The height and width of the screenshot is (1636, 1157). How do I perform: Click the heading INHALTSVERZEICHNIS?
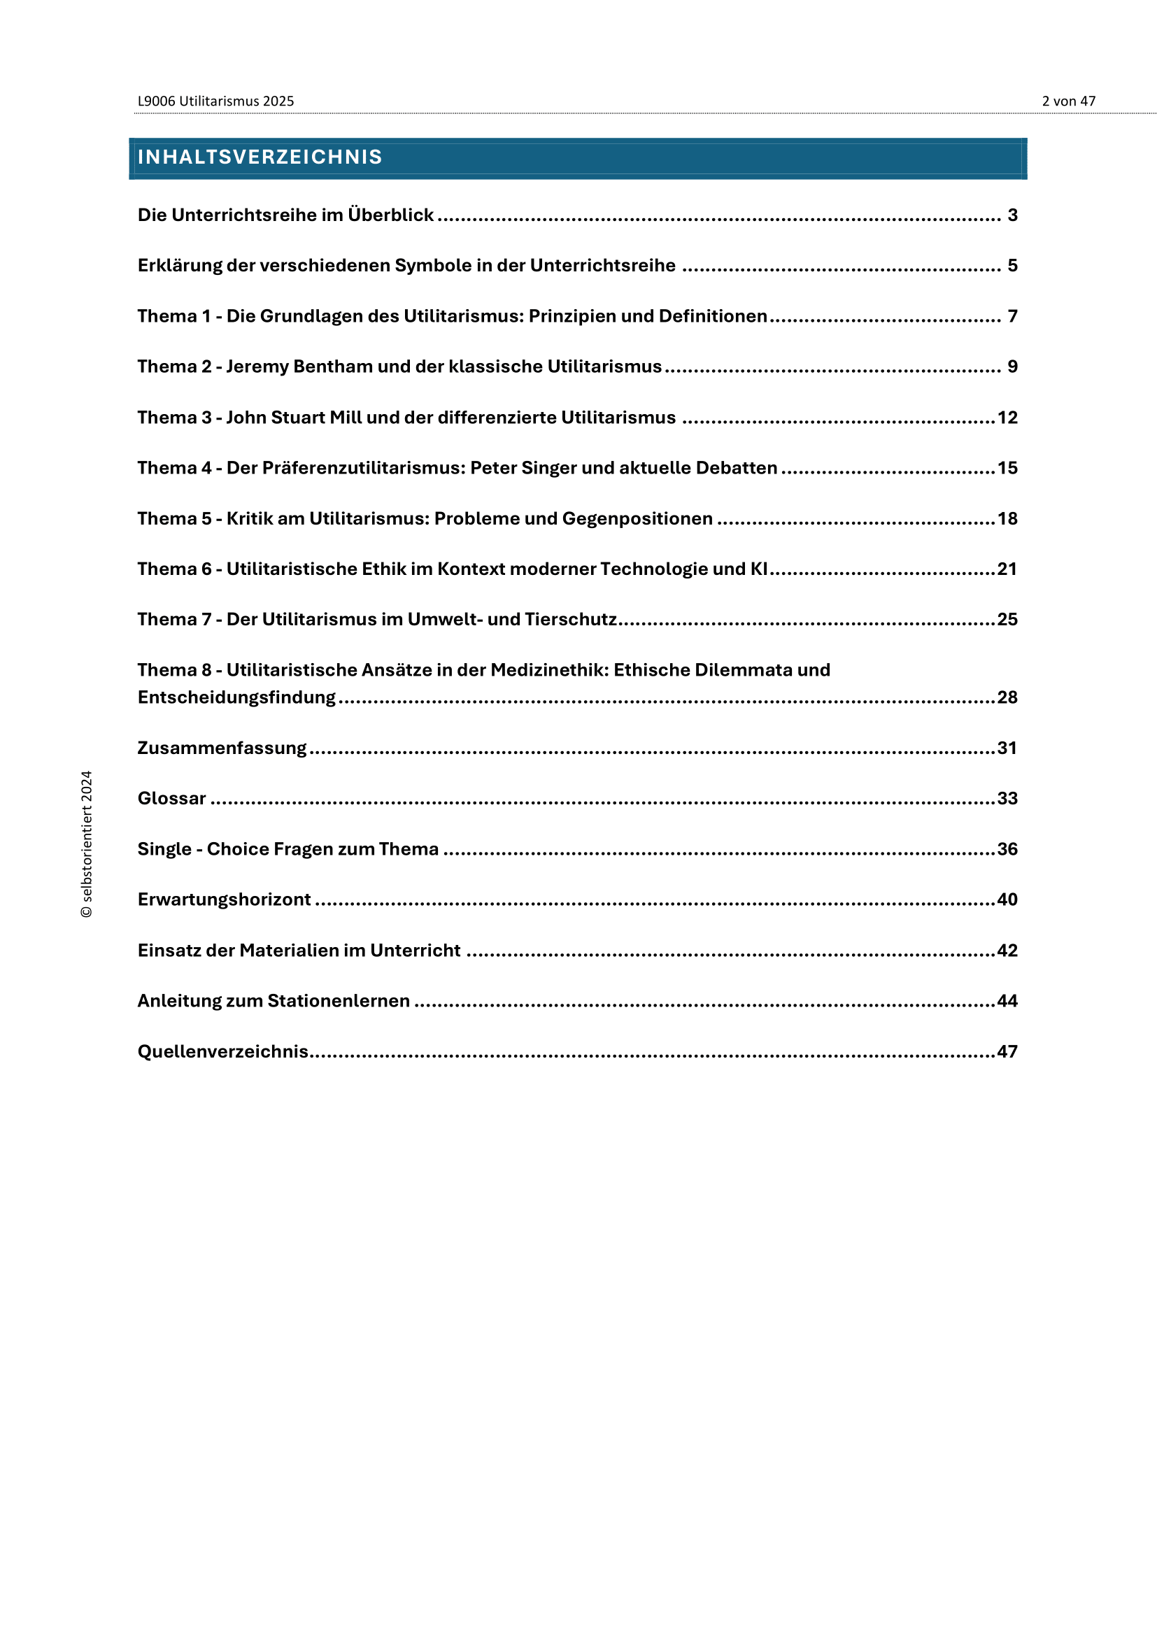[260, 157]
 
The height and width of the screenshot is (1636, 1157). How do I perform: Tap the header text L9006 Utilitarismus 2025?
[215, 101]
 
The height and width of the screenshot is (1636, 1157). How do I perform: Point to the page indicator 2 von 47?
[1068, 101]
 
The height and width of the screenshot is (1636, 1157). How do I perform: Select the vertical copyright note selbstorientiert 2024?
[86, 844]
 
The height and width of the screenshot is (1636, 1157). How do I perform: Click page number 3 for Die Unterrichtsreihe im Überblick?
[1012, 215]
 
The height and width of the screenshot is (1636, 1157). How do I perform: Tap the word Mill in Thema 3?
[346, 418]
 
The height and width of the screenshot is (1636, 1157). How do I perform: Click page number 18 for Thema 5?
[1007, 519]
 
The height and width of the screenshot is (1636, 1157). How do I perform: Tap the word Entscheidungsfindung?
[236, 697]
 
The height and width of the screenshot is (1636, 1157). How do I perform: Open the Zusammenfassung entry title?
[222, 748]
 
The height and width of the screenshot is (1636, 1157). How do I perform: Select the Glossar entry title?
[171, 799]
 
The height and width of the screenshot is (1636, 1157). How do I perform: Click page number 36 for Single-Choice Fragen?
[1007, 849]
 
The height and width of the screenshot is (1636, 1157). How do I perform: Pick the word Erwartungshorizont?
[225, 900]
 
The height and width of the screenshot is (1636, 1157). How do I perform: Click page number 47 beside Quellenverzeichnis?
[1007, 1052]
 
